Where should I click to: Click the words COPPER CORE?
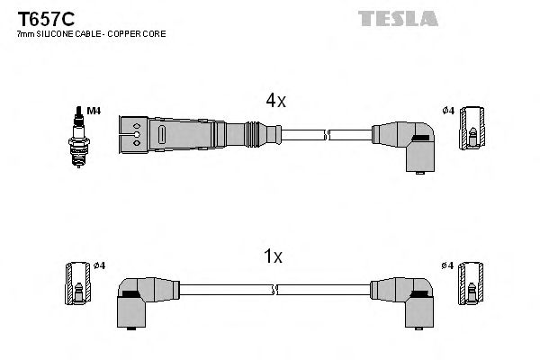tap(139, 34)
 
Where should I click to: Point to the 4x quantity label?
tap(274, 102)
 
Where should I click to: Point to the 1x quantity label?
tap(274, 257)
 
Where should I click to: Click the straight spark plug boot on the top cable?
tap(193, 134)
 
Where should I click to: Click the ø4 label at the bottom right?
tap(447, 265)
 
